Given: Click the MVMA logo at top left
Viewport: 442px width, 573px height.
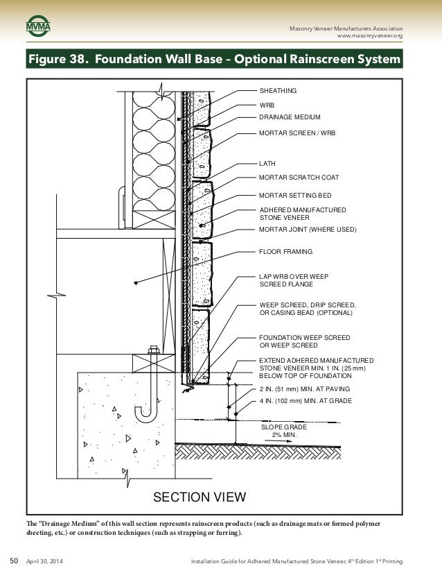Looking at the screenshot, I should pyautogui.click(x=39, y=28).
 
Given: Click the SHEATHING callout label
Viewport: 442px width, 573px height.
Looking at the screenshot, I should pyautogui.click(x=278, y=91).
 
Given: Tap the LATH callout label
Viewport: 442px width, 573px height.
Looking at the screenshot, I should pyautogui.click(x=267, y=164).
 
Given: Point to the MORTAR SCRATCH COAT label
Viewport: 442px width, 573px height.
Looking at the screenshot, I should pyautogui.click(x=299, y=178).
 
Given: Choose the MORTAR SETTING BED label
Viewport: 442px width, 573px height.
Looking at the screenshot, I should pyautogui.click(x=295, y=196).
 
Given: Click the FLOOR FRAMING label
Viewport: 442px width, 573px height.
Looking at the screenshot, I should pyautogui.click(x=285, y=251).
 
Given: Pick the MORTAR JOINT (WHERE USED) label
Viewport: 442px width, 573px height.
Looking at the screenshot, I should pyautogui.click(x=308, y=229).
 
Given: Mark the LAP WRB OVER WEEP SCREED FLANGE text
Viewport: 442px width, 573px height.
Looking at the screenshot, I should pyautogui.click(x=294, y=280).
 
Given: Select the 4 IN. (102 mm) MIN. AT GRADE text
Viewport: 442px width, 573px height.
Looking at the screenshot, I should pyautogui.click(x=306, y=401).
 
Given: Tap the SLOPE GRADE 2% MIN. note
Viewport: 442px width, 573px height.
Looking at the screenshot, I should pyautogui.click(x=283, y=431).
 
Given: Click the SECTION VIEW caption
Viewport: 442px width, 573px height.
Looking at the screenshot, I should pyautogui.click(x=199, y=496).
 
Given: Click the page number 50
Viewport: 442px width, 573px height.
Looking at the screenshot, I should pyautogui.click(x=12, y=560).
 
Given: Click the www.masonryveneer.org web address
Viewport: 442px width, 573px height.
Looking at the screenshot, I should pyautogui.click(x=369, y=35).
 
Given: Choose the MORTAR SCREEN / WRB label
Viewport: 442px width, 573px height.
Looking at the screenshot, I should pyautogui.click(x=297, y=131).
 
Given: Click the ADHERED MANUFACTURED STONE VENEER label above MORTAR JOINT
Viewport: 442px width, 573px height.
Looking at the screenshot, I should pyautogui.click(x=302, y=213).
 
